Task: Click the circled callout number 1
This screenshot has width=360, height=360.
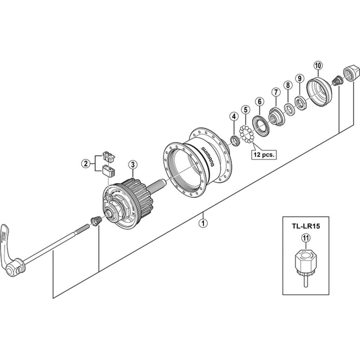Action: coord(202,223)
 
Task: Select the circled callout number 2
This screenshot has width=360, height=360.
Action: coord(85,163)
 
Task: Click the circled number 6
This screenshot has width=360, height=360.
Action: coord(259,102)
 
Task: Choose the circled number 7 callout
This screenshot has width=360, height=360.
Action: coord(275,92)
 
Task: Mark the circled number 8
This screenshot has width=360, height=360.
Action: coord(288,85)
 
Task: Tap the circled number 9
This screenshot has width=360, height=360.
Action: coord(299,78)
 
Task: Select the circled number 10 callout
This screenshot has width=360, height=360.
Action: coord(318,65)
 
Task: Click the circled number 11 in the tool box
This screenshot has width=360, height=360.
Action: coord(306,238)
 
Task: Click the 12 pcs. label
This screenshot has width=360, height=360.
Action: coord(264,154)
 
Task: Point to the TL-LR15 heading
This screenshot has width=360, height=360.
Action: coord(306,227)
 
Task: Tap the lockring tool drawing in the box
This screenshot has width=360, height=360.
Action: coord(305,264)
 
